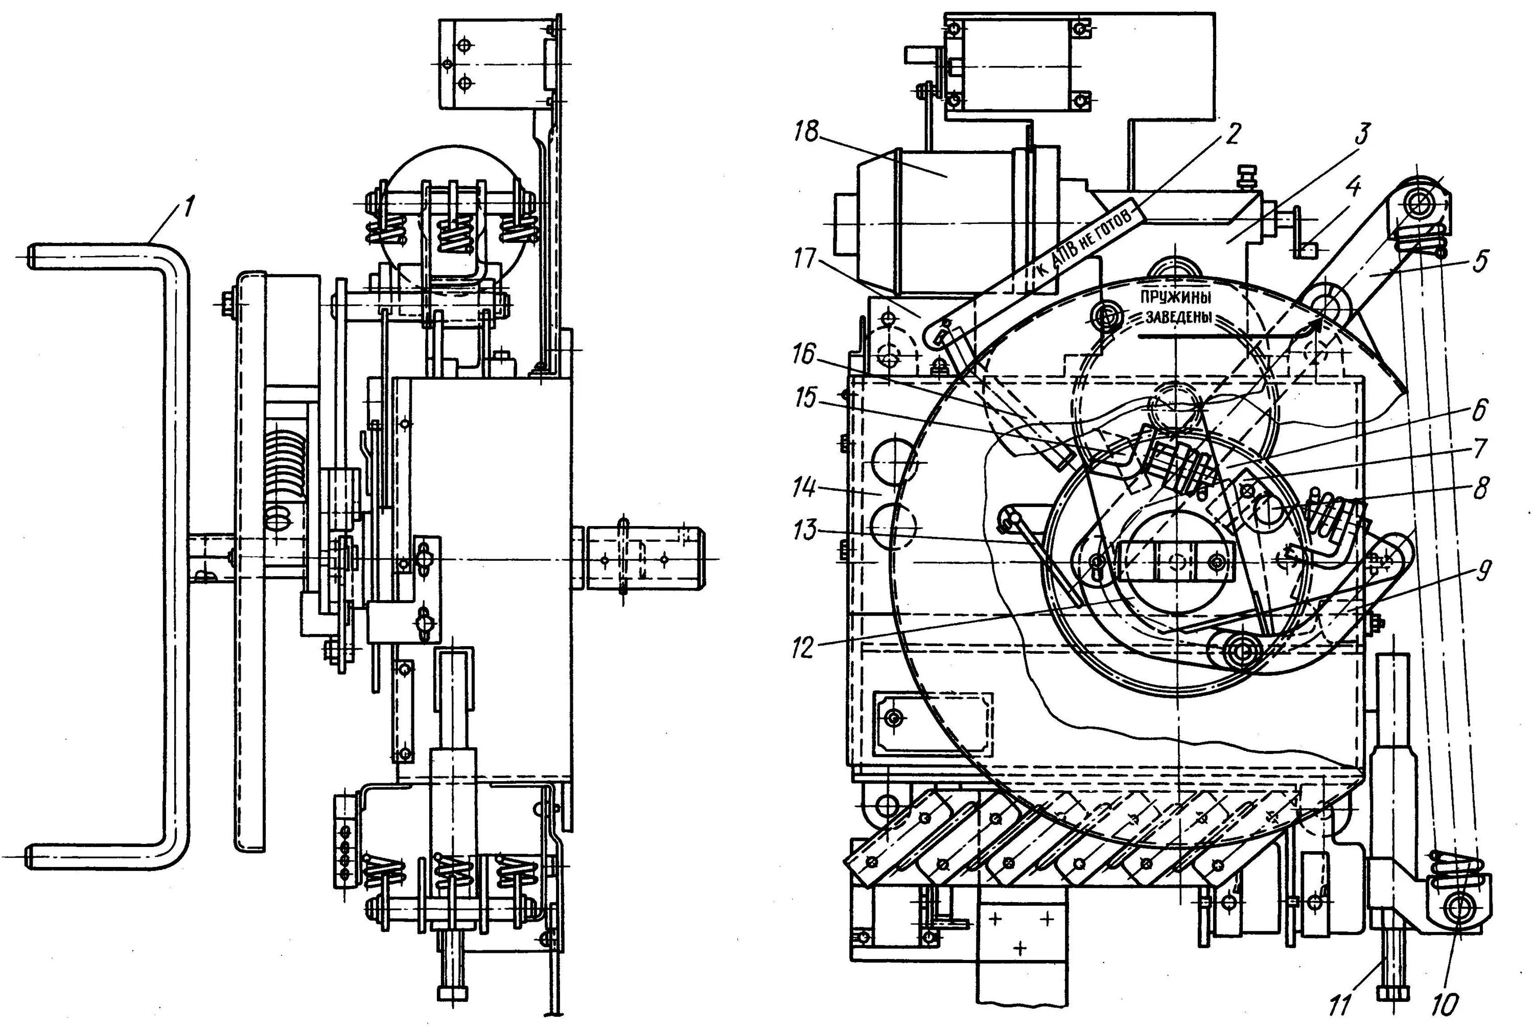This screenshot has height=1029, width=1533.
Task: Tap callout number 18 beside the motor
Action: tap(806, 133)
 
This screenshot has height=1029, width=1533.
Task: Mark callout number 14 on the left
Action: tap(804, 489)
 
